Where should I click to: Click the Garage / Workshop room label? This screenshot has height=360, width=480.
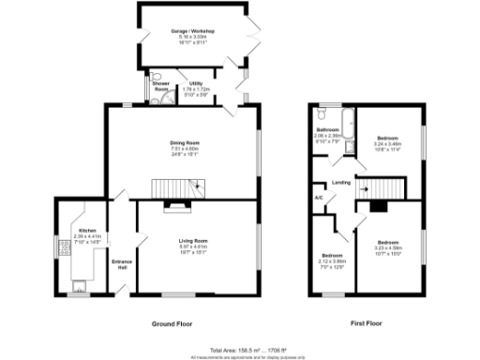(192, 31)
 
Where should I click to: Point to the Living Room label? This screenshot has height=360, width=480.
(192, 242)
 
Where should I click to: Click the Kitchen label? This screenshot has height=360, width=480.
(86, 230)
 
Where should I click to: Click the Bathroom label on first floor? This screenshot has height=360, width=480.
(327, 129)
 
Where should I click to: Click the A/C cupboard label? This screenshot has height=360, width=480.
(319, 198)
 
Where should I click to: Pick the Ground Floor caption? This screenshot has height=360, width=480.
(172, 323)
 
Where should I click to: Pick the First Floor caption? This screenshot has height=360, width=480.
(369, 323)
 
